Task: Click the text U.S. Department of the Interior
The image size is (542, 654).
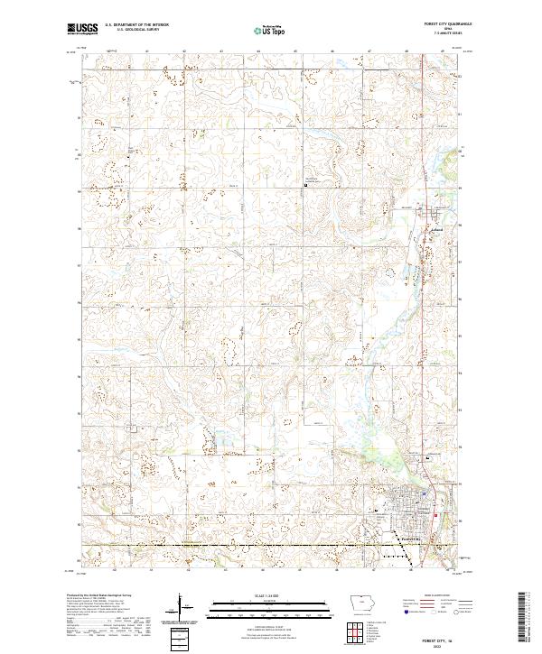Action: pyautogui.click(x=136, y=25)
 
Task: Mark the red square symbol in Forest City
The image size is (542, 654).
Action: pyautogui.click(x=436, y=517)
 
